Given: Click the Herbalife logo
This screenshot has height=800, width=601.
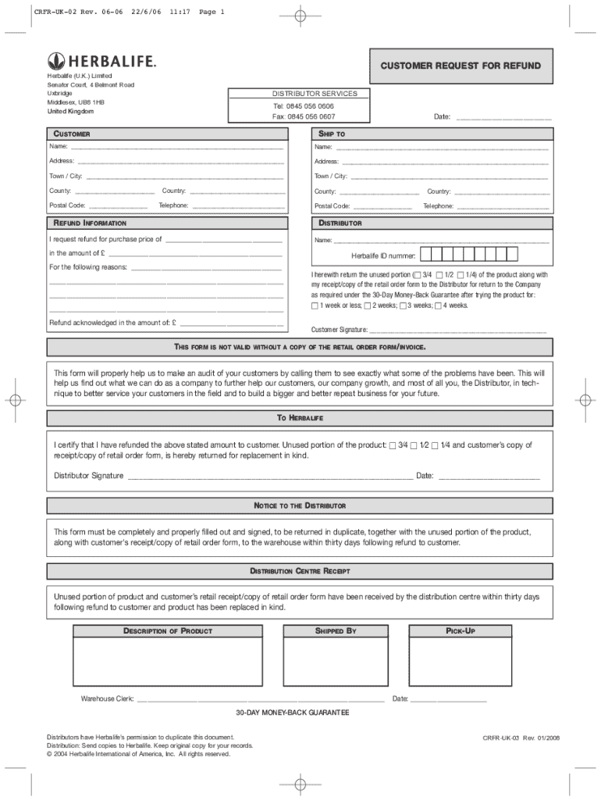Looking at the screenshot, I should point(101,61).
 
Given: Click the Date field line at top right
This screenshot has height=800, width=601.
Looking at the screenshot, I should point(503,117).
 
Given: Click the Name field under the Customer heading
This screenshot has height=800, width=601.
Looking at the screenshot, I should point(176,146).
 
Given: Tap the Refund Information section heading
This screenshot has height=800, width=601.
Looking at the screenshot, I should point(88,223).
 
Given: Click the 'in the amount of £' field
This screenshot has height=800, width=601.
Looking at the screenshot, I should point(195,254).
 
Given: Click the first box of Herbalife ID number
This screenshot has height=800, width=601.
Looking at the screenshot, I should point(426,255).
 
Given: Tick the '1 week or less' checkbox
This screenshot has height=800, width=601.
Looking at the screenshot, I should point(315,306).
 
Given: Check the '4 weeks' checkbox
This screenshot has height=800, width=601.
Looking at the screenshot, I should point(437,306).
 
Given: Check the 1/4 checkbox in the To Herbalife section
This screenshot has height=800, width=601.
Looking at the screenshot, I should point(435,445).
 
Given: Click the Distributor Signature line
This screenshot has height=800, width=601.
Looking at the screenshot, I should point(269,476).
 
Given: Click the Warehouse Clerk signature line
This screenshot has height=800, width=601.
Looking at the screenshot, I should point(261,699).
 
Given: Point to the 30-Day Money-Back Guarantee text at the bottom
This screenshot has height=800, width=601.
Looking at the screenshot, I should point(293,713).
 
